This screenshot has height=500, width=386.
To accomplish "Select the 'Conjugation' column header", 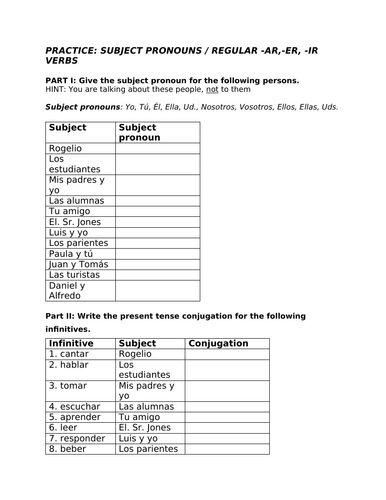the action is pos(218,343).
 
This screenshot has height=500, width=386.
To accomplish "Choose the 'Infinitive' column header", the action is pos(71,343).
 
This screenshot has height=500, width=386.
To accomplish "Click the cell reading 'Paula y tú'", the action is pos(72,253).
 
